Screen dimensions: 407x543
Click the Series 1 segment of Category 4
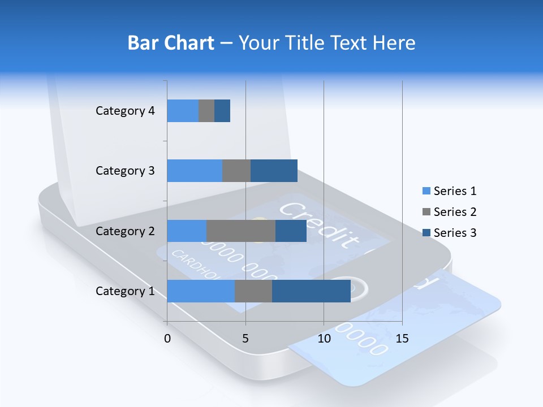(x=183, y=111)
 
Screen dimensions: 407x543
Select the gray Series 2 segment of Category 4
(x=206, y=111)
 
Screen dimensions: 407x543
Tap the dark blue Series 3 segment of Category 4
(x=222, y=111)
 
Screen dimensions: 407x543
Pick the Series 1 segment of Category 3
(x=195, y=171)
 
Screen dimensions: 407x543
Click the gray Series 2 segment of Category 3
(x=236, y=171)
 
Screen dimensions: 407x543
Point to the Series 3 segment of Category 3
(x=274, y=171)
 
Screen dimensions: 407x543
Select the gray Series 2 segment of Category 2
(x=241, y=231)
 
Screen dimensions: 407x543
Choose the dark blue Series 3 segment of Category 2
(x=291, y=231)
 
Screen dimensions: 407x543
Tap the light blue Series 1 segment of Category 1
(x=201, y=291)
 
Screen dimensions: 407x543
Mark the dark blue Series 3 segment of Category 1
(x=311, y=291)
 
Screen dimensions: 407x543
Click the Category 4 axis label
(x=125, y=111)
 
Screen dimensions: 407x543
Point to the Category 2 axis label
(x=125, y=231)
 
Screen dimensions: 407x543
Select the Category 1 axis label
(x=125, y=291)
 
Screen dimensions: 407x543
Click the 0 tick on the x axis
(x=167, y=339)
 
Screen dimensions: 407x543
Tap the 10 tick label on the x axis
(x=324, y=339)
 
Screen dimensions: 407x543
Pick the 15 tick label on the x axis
(x=402, y=339)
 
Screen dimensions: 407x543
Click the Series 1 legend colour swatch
(x=426, y=191)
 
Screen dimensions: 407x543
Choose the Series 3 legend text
(x=455, y=233)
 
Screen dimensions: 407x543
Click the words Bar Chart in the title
(x=171, y=43)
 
